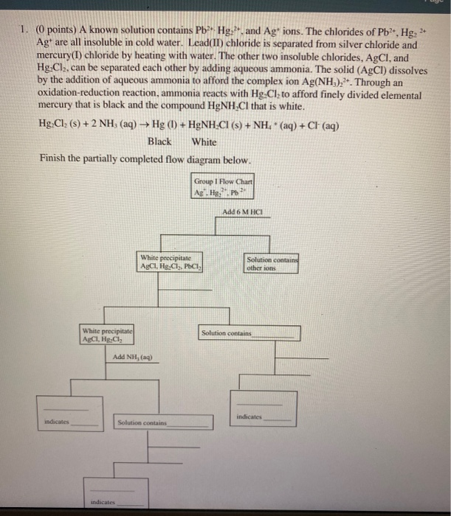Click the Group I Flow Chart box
223,187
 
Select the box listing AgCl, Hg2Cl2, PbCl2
172,262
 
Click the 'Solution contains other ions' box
272,264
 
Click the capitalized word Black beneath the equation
159,142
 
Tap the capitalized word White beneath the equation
204,142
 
